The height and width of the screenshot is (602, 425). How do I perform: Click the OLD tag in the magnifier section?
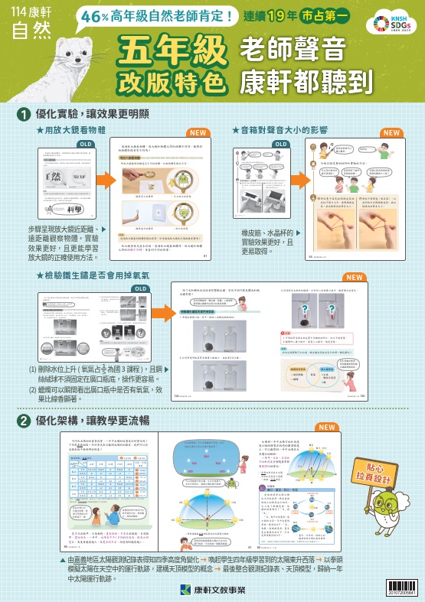point(87,144)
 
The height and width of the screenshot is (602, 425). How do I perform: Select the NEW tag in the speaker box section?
point(391,133)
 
